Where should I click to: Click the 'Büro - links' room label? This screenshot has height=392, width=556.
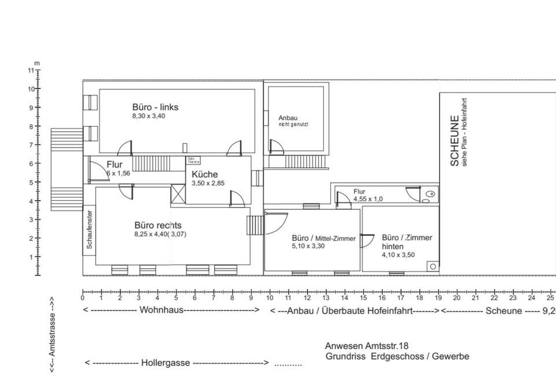tap(155, 107)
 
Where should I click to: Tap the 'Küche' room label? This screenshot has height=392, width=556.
tap(204, 174)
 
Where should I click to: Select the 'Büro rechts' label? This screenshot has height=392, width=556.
tap(158, 225)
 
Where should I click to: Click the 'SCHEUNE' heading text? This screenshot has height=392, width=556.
tap(455, 142)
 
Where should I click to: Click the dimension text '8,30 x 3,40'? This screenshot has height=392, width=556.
tap(149, 116)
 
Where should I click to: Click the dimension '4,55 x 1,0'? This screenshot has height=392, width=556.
tap(368, 199)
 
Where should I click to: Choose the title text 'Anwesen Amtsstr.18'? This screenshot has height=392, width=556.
tap(367, 346)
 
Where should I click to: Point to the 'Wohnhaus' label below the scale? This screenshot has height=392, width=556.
tap(161, 310)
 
